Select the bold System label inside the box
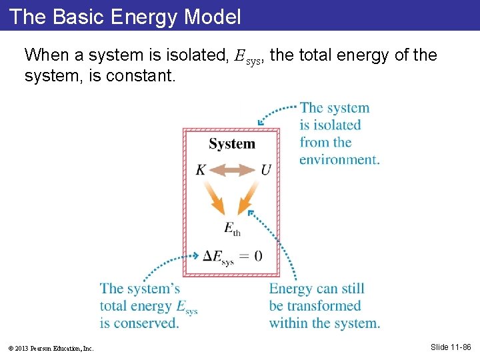(x=232, y=144)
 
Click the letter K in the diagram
(x=201, y=171)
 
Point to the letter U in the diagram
(x=265, y=171)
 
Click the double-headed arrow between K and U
(x=233, y=171)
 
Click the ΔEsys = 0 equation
(x=233, y=257)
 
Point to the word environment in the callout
(x=339, y=160)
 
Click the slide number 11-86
(x=451, y=347)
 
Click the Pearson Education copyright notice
(x=52, y=348)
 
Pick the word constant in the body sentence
(x=141, y=76)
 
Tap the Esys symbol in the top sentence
(x=245, y=56)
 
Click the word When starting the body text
(x=44, y=55)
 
